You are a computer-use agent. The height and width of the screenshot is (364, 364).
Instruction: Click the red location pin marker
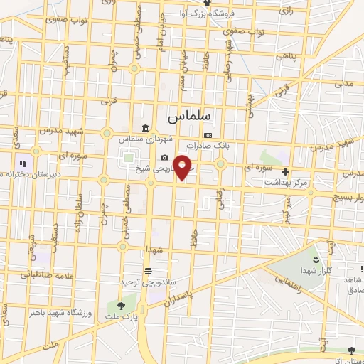click(x=183, y=167)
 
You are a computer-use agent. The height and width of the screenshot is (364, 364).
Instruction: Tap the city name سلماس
click(x=194, y=114)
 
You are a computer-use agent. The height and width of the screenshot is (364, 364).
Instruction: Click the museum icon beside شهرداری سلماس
click(x=145, y=129)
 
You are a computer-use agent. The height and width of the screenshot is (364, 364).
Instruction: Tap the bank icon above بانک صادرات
click(x=208, y=135)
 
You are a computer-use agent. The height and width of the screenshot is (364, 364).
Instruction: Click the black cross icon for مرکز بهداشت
click(x=285, y=171)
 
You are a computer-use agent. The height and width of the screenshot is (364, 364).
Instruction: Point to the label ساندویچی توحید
click(x=146, y=282)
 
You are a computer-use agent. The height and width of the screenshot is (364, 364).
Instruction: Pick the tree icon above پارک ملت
click(x=120, y=306)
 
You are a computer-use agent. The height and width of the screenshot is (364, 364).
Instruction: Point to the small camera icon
click(x=165, y=157)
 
